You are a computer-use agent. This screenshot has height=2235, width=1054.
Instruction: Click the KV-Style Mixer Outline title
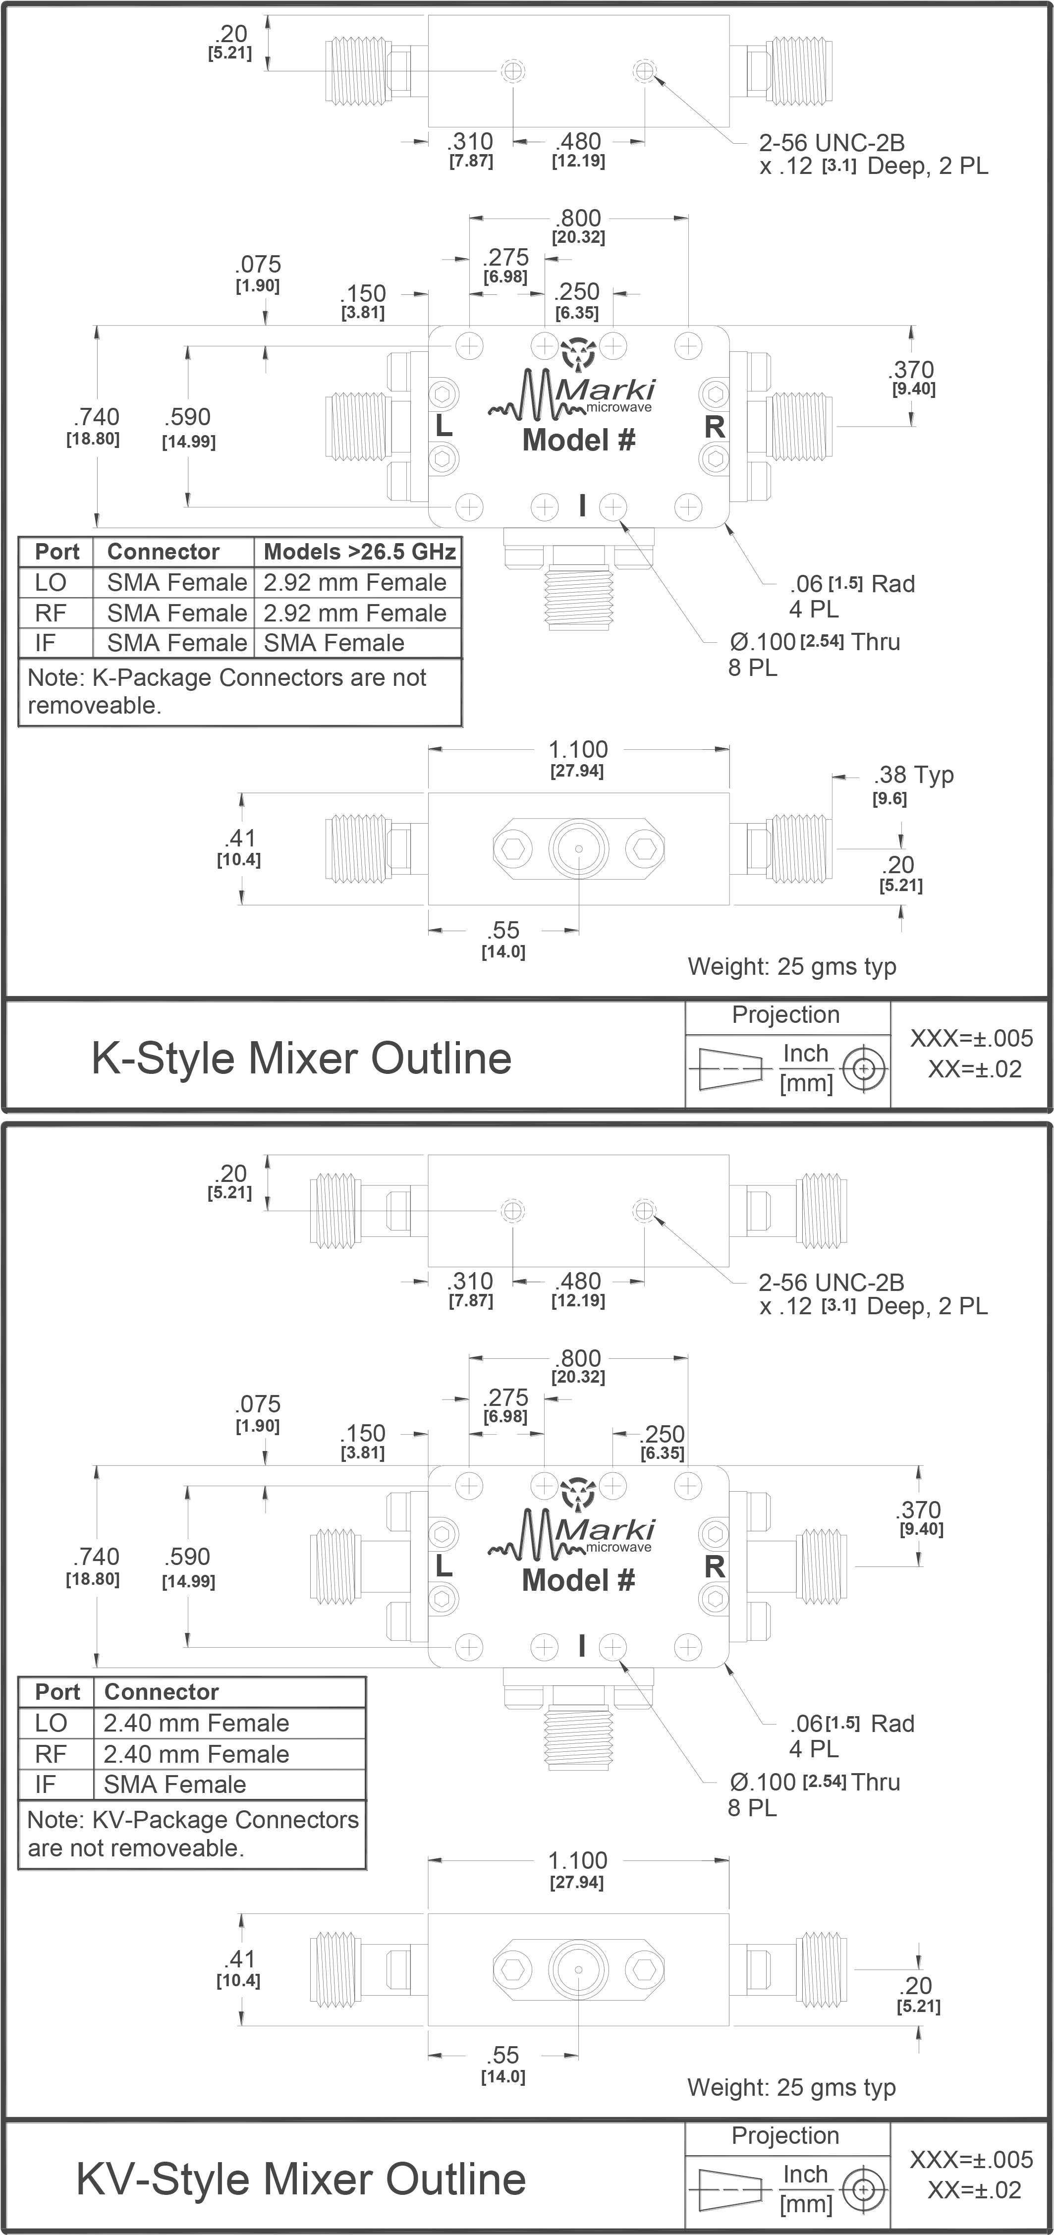(x=301, y=2179)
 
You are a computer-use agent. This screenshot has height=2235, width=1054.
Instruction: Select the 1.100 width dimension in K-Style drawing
(x=578, y=750)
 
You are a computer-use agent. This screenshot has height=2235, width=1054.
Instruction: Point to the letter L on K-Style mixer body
(x=443, y=427)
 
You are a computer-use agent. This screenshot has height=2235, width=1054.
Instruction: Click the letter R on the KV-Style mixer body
(x=714, y=1566)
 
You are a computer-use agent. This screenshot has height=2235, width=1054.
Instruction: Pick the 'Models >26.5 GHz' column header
(x=358, y=552)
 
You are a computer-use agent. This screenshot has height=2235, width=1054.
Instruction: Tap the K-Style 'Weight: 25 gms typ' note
(x=791, y=966)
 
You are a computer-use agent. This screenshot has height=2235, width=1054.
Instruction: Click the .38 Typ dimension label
(x=913, y=775)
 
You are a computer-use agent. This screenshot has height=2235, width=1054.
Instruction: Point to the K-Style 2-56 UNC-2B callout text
(x=831, y=142)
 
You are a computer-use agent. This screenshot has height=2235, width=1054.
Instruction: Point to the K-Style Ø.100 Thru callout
(x=814, y=642)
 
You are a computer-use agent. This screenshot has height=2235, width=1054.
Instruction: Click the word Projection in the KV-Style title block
(x=785, y=2135)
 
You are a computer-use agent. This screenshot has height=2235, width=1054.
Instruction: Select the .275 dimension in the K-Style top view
(x=506, y=258)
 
